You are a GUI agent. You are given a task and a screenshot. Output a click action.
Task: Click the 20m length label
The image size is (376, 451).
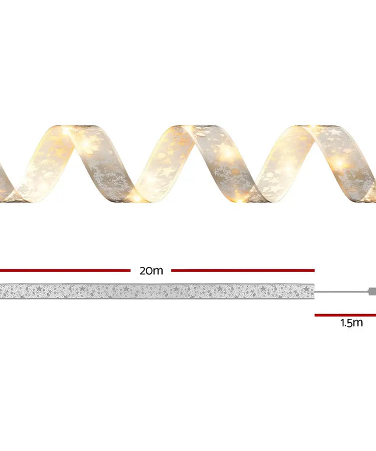pos(151,270)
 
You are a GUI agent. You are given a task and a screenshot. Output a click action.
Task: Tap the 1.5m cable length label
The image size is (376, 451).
pos(352,323)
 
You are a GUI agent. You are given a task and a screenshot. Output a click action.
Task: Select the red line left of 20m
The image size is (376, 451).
pos(65,270)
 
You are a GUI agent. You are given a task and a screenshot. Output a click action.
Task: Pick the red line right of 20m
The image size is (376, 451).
pos(243,270)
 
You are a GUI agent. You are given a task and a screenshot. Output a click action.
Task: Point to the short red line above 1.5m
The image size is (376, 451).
pos(345,315)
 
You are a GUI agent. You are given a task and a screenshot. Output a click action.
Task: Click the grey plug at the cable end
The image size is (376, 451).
pos(371,291)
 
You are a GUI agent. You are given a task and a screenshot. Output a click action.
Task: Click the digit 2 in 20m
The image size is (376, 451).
pos(143,270)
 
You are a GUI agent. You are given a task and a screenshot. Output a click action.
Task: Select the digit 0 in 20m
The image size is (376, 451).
pos(150,270)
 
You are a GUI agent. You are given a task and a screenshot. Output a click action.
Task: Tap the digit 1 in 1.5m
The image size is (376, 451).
pos(343,323)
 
